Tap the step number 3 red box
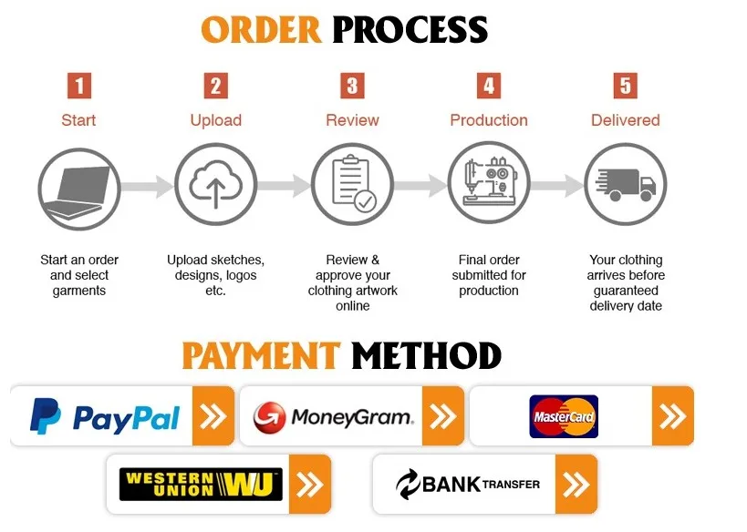[x=352, y=86]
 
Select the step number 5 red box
[x=625, y=86]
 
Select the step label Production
[x=489, y=120]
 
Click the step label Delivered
[x=625, y=120]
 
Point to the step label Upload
[x=216, y=120]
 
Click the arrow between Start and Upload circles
[x=147, y=186]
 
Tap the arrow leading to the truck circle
[x=557, y=186]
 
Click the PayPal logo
[x=104, y=417]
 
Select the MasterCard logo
[x=564, y=417]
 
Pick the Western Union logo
[x=201, y=484]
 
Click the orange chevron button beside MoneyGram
[x=442, y=417]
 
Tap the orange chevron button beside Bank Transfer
[x=576, y=485]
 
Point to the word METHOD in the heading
[x=426, y=355]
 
